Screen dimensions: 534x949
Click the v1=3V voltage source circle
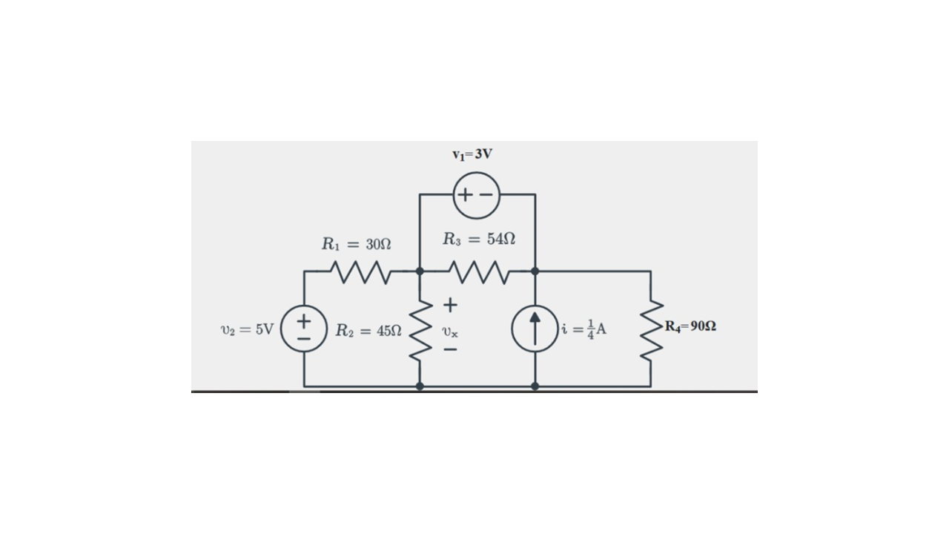click(x=476, y=195)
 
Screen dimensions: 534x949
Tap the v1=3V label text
click(x=472, y=154)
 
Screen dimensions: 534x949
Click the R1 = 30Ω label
click(x=356, y=243)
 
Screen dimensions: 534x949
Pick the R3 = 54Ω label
click(x=479, y=239)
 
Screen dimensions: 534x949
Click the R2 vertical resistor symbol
click(x=420, y=329)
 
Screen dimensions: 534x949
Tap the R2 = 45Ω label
click(x=368, y=330)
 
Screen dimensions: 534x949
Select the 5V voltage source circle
click(x=304, y=329)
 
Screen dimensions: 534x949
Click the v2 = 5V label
click(x=247, y=329)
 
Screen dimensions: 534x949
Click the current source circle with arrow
click(x=535, y=329)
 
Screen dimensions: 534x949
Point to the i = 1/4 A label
click(x=584, y=329)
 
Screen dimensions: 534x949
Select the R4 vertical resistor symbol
click(x=651, y=329)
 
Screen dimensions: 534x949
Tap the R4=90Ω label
click(x=690, y=326)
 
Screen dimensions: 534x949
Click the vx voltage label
click(x=450, y=332)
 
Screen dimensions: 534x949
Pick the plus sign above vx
click(x=450, y=305)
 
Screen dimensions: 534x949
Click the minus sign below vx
click(x=450, y=351)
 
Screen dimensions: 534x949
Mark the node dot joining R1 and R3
click(x=420, y=271)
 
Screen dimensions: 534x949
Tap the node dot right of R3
click(x=535, y=271)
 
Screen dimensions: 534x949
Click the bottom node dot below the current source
click(x=535, y=386)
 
